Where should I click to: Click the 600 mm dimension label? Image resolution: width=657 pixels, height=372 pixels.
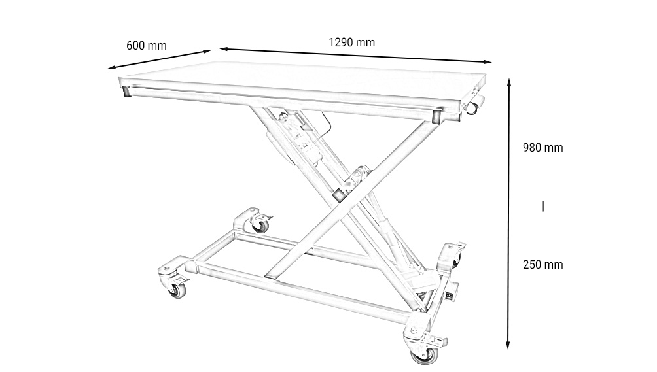pyautogui.click(x=146, y=46)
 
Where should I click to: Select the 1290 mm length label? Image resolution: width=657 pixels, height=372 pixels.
pyautogui.click(x=351, y=42)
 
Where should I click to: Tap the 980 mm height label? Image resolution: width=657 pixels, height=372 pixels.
pyautogui.click(x=542, y=148)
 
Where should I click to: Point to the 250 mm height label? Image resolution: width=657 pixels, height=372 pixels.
pyautogui.click(x=542, y=265)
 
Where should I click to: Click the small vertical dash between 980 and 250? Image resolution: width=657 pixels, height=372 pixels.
pyautogui.click(x=543, y=207)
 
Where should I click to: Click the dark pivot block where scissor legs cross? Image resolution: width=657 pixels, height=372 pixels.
pyautogui.click(x=340, y=195)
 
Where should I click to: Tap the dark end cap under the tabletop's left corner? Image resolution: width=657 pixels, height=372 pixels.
pyautogui.click(x=125, y=92)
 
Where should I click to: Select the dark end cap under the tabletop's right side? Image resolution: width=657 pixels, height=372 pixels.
pyautogui.click(x=435, y=117)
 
